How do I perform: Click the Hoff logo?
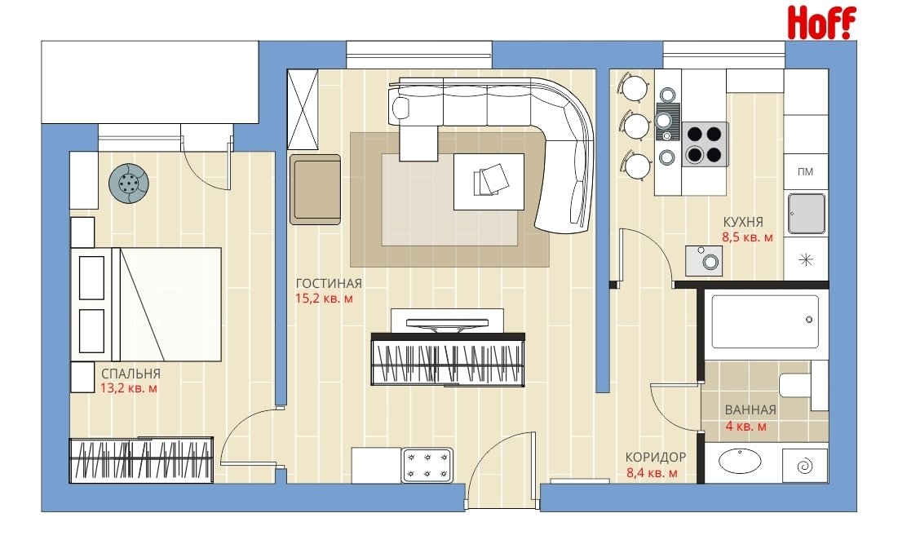(821, 23)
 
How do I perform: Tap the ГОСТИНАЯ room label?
(329, 283)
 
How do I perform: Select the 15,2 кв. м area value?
(324, 299)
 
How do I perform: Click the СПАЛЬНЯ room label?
(130, 374)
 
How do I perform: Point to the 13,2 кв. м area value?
(129, 388)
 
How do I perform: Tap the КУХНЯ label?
(743, 222)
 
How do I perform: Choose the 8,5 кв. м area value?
(747, 237)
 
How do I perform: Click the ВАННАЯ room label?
(750, 410)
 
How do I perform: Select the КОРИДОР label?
(655, 458)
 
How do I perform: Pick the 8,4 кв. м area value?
(652, 473)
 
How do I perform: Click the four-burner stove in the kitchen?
(705, 144)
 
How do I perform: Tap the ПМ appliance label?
(805, 172)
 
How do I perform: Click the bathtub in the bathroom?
(765, 321)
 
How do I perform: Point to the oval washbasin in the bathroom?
(739, 461)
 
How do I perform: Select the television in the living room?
(447, 321)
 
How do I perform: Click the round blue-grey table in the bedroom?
(129, 184)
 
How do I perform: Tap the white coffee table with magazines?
(489, 181)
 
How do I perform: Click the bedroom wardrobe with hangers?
(141, 460)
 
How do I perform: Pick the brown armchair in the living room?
(315, 189)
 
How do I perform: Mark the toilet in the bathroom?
(803, 385)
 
